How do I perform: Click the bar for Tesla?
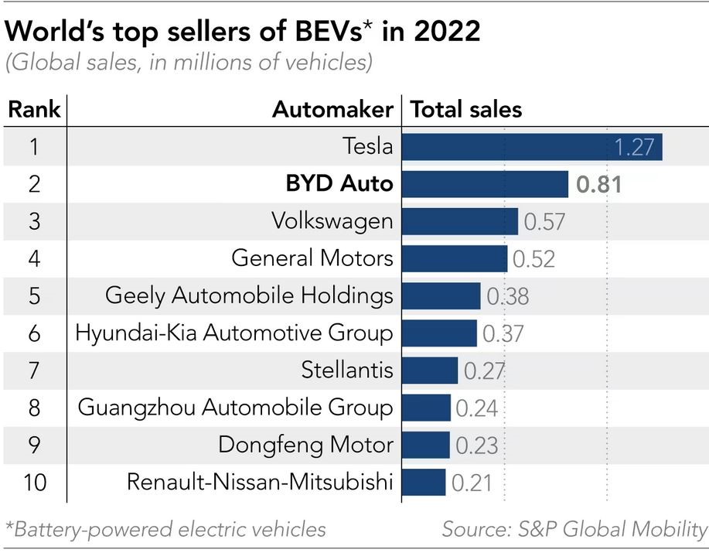(x=532, y=146)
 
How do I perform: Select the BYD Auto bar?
(x=486, y=184)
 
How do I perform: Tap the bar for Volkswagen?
(x=460, y=221)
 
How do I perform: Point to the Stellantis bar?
(x=430, y=370)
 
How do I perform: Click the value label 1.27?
(x=634, y=147)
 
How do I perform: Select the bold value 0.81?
(x=598, y=185)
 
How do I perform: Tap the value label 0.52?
(x=533, y=259)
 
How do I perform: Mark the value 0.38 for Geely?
(x=507, y=296)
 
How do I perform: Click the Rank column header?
(x=34, y=110)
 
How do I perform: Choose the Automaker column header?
(x=332, y=110)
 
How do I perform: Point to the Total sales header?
(x=465, y=110)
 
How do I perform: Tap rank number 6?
(x=35, y=333)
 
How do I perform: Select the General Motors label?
(x=312, y=258)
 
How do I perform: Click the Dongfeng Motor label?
(x=305, y=445)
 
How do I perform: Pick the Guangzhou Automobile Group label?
(x=236, y=408)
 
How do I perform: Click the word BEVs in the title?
(x=328, y=32)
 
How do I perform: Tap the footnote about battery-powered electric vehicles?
(x=165, y=530)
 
